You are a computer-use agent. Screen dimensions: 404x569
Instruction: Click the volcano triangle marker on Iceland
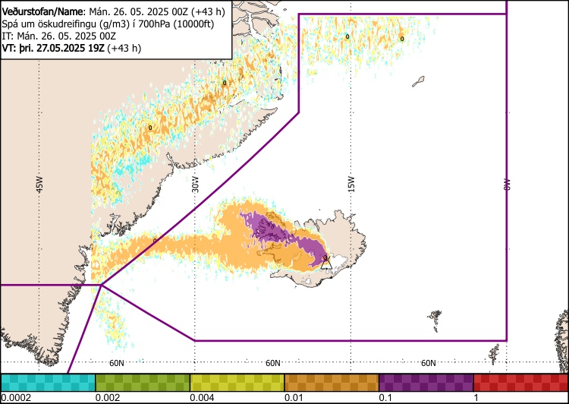click(x=325, y=263)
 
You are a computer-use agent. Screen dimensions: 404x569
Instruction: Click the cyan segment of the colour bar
click(x=48, y=382)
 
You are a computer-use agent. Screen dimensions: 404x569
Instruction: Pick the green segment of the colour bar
click(x=143, y=382)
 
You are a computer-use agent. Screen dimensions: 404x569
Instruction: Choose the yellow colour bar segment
click(x=237, y=382)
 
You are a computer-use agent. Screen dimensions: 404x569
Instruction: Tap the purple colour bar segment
click(x=426, y=382)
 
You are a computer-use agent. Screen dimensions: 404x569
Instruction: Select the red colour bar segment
click(x=520, y=382)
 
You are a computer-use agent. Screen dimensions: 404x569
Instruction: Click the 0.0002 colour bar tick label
click(x=16, y=398)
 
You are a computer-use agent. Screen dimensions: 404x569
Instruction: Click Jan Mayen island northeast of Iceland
click(x=418, y=79)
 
